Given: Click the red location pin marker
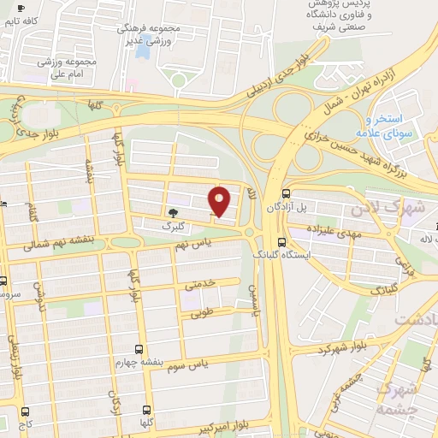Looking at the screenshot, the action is tap(220, 201).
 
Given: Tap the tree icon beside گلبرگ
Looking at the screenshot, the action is tap(174, 213).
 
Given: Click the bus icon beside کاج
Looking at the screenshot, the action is tap(25, 411).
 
